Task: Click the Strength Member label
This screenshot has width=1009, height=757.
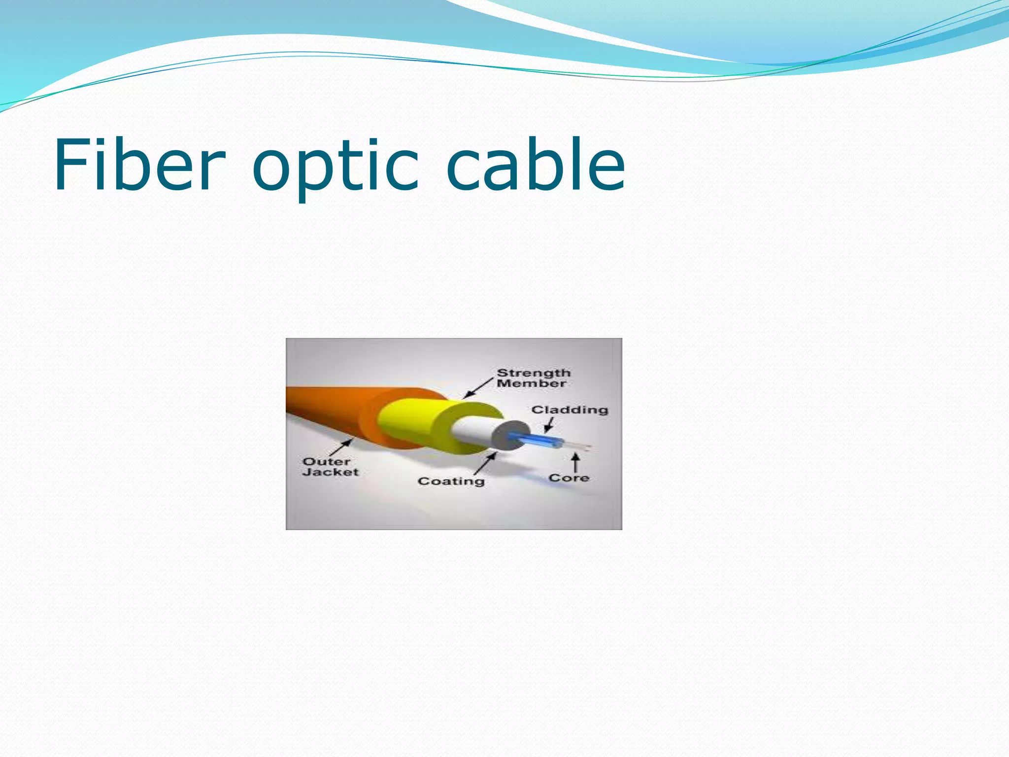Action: pos(533,378)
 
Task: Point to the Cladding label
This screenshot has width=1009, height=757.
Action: pos(570,410)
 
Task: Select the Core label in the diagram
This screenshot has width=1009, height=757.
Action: pos(569,478)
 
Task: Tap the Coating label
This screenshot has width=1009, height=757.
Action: pos(451,481)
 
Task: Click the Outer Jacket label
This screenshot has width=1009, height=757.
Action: pos(330,467)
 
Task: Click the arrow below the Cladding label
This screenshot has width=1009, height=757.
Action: pos(549,425)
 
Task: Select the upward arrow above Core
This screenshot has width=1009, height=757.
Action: pos(575,463)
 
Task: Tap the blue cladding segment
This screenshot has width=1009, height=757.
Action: pos(537,440)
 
